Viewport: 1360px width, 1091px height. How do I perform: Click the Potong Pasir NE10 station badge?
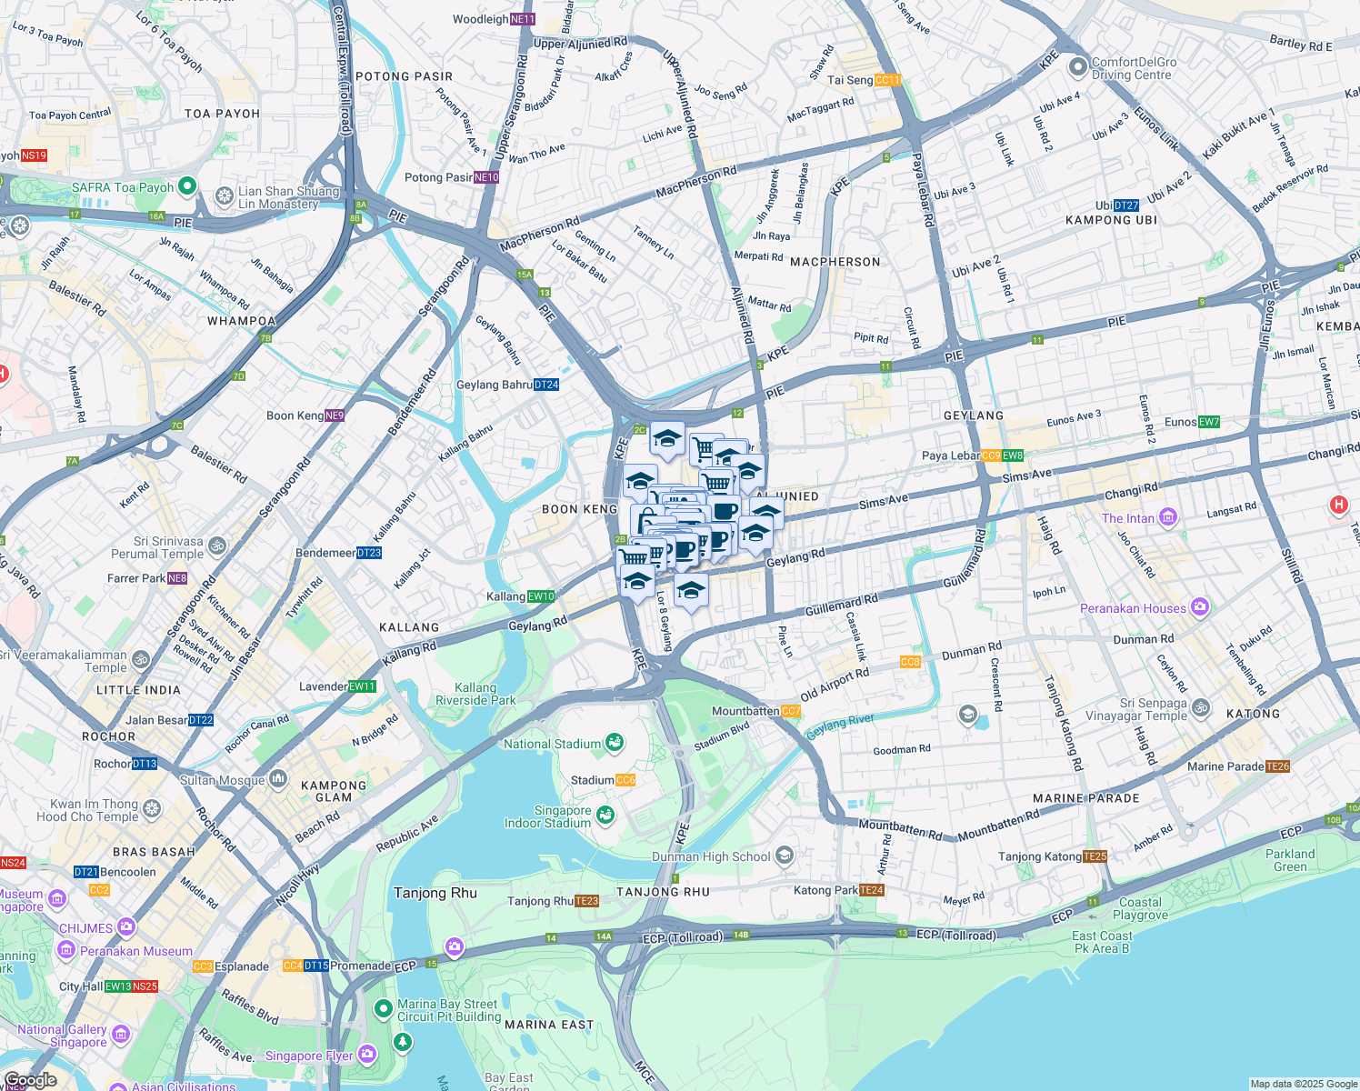[x=486, y=177]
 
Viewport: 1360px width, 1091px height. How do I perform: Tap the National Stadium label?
[x=552, y=744]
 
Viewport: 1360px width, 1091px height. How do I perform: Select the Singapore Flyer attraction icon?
[x=367, y=1055]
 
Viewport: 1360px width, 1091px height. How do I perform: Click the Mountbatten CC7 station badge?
[x=791, y=711]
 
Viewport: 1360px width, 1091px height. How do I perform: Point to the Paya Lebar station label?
[x=950, y=455]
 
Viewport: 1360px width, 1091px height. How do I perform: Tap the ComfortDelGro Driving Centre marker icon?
[x=1078, y=67]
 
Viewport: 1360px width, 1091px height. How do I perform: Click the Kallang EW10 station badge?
[x=541, y=596]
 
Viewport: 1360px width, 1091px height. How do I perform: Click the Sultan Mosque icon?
[x=278, y=779]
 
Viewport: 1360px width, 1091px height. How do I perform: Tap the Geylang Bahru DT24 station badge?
[x=546, y=385]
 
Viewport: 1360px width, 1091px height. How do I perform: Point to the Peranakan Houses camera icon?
[x=1200, y=607]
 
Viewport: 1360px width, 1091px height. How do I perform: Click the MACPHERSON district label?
[x=835, y=262]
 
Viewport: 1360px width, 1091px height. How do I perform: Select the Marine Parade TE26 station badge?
[x=1278, y=766]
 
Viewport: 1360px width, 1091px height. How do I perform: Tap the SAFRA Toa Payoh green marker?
[x=187, y=186]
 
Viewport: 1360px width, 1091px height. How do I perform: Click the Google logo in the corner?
[x=30, y=1080]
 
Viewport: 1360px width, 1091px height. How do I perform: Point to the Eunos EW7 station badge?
[x=1209, y=422]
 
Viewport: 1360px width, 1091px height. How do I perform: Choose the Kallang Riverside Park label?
[x=475, y=695]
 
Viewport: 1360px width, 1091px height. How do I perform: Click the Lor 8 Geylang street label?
[x=665, y=623]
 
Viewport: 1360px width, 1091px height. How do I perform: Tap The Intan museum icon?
[x=1168, y=518]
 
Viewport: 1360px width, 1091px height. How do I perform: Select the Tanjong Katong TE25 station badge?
[x=1095, y=856]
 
